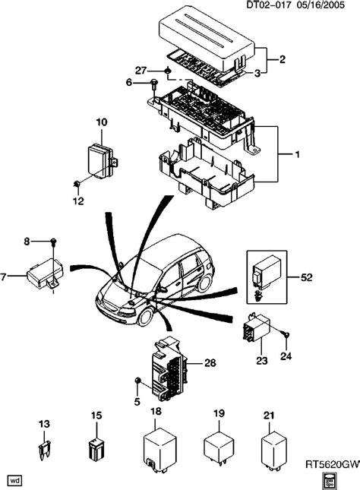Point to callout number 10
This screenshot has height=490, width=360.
click(x=102, y=122)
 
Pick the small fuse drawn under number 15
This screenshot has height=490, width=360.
click(x=96, y=448)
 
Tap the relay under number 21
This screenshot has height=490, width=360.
click(x=276, y=447)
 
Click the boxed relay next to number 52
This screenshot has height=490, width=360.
click(x=270, y=273)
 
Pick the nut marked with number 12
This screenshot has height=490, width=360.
click(x=78, y=184)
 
